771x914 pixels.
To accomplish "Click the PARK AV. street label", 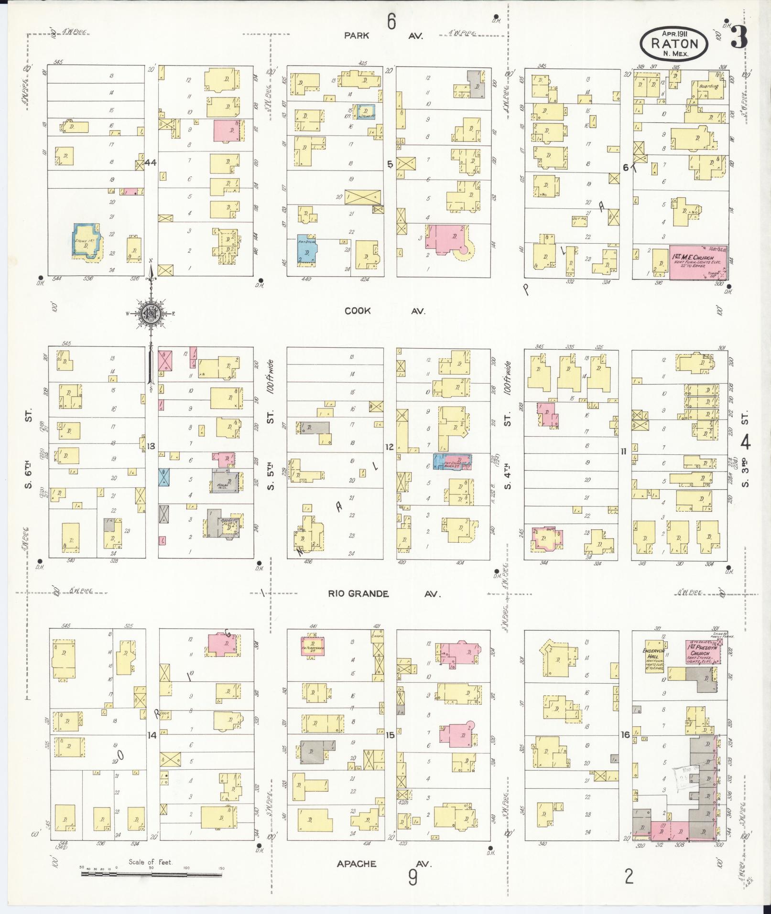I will pyautogui.click(x=385, y=35).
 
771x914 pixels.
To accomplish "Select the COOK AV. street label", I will pyautogui.click(x=385, y=311).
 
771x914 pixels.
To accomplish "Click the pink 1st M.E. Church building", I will pyautogui.click(x=698, y=262).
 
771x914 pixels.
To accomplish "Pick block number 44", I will pyautogui.click(x=151, y=163).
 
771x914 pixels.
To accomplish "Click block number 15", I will pyautogui.click(x=390, y=735).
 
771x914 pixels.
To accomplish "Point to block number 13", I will pyautogui.click(x=151, y=446).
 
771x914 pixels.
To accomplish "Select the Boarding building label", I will pyautogui.click(x=708, y=86).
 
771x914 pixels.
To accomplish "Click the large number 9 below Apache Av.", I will pyautogui.click(x=413, y=878).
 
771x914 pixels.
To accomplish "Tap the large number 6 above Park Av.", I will pyautogui.click(x=391, y=22).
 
